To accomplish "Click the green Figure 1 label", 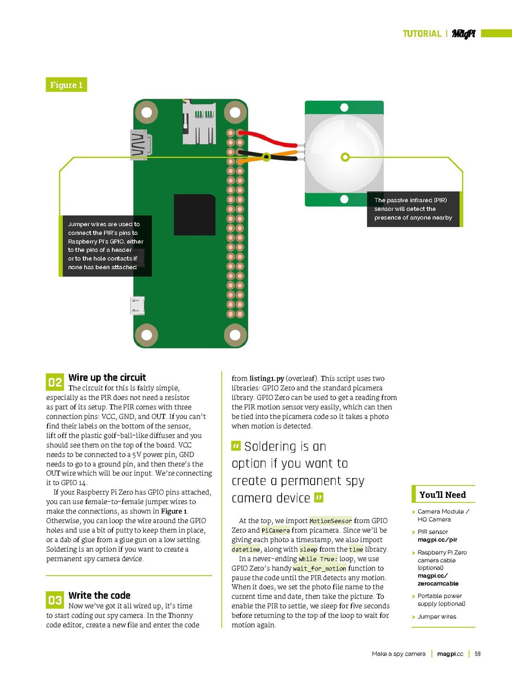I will (x=66, y=85).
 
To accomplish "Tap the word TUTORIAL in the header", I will (x=421, y=34).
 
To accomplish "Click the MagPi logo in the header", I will (x=463, y=34).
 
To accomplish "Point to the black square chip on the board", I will (x=194, y=215).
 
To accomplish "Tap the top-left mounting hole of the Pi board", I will (x=146, y=112).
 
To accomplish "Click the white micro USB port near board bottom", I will (x=137, y=306).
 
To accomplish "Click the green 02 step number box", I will (x=55, y=382).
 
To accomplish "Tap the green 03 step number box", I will (x=55, y=600).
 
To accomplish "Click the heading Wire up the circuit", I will (x=107, y=377).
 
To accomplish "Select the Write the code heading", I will (x=99, y=595).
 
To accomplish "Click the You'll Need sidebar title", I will (x=442, y=495).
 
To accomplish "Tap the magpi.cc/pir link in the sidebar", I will (x=437, y=540).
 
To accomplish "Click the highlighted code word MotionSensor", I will (x=330, y=521).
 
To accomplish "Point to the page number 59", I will (x=477, y=654).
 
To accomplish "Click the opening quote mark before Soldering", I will (x=236, y=446).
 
